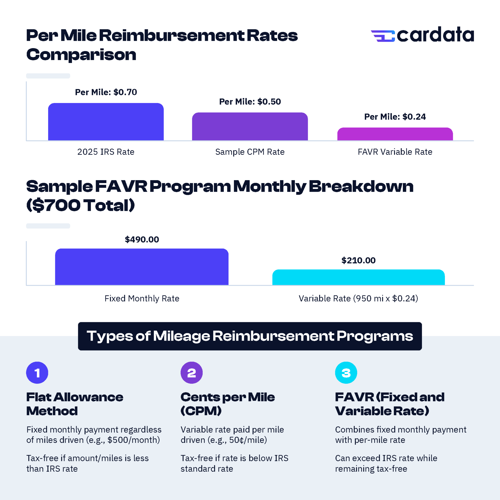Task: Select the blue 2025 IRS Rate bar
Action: point(106,122)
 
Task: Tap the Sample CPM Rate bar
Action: point(250,126)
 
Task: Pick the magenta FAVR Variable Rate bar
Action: point(395,134)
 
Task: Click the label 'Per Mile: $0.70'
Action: point(106,92)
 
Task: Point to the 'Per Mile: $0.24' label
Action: point(395,117)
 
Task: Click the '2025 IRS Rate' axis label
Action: point(106,152)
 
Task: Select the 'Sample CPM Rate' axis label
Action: point(250,152)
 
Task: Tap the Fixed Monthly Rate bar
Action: point(142,267)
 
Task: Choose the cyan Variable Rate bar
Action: point(358,277)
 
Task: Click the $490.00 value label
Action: point(142,240)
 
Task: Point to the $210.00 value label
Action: point(358,260)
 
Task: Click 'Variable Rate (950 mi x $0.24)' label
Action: point(358,298)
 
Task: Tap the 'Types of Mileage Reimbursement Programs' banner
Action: point(250,336)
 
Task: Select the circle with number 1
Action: point(37,373)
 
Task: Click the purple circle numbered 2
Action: point(191,373)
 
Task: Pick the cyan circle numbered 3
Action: point(346,373)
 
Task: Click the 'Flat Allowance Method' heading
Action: point(74,404)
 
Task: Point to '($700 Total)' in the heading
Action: point(81,205)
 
